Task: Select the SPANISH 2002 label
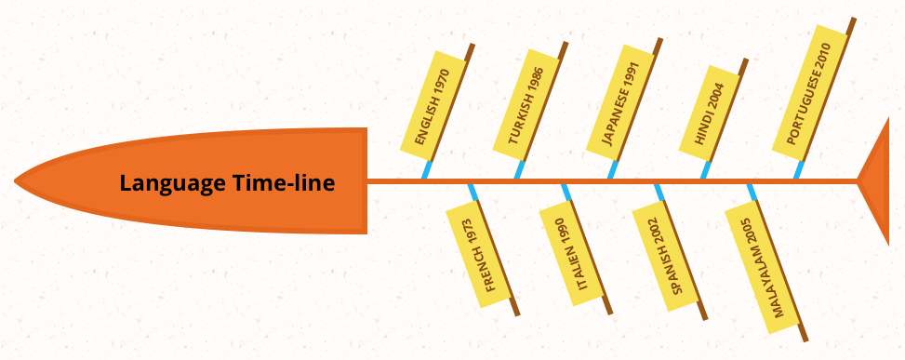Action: (x=664, y=256)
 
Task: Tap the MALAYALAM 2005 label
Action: (x=762, y=269)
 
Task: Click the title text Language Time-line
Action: (x=227, y=183)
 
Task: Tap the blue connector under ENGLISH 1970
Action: (x=426, y=169)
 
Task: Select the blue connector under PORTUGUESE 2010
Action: (x=798, y=169)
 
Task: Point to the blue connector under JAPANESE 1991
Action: (x=612, y=169)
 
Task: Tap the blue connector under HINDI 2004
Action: (x=705, y=169)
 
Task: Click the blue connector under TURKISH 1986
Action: (x=519, y=169)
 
